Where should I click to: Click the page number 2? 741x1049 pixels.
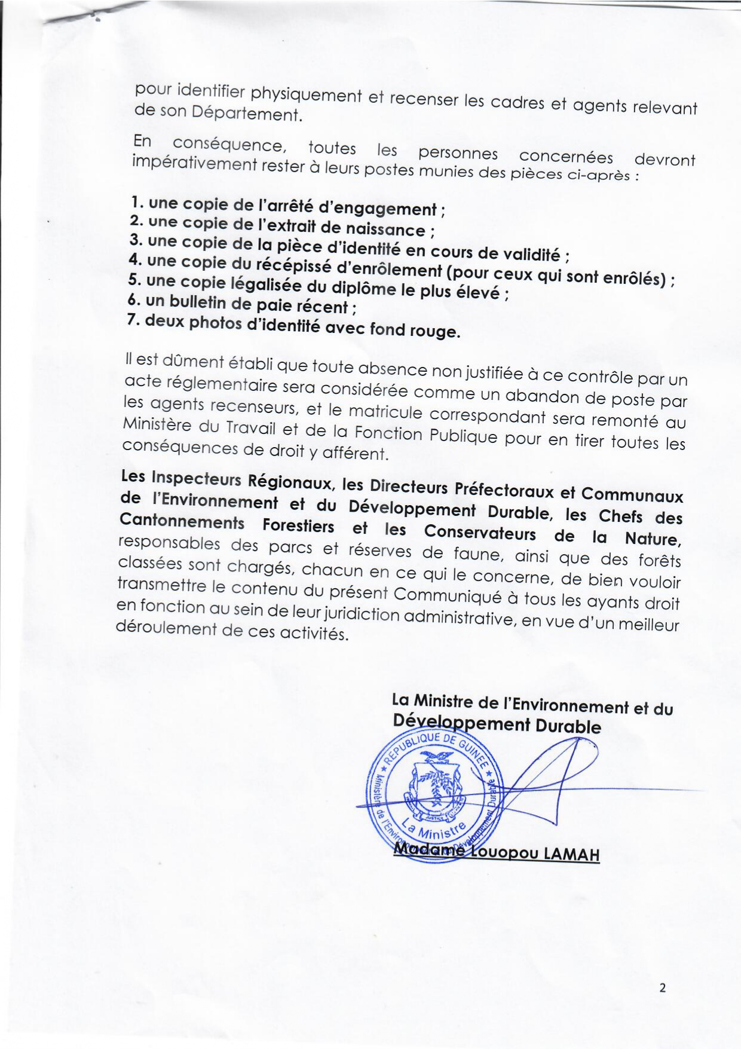click(x=662, y=988)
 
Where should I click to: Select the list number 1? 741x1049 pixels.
click(x=135, y=202)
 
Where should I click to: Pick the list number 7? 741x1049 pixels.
click(x=133, y=320)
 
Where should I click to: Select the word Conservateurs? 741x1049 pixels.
click(x=480, y=532)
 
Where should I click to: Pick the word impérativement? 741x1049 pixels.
click(x=193, y=163)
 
